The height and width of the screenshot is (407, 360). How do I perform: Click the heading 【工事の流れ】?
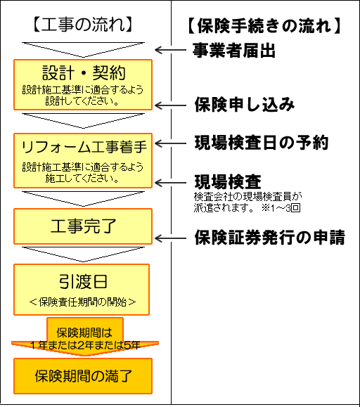pos(83,25)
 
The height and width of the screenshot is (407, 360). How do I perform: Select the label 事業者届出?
pos(233,51)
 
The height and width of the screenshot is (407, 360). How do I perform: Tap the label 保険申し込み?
pos(245,105)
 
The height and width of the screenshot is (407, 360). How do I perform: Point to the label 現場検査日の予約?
pos(262,143)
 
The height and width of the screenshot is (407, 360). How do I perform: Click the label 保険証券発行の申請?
pos(270,238)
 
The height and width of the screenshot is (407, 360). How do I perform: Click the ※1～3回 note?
pos(281,208)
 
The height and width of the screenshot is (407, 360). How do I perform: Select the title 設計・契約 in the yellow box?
pos(84,72)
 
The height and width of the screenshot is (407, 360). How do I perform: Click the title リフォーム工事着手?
pos(84,147)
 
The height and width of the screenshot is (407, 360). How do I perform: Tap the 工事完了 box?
pos(83,226)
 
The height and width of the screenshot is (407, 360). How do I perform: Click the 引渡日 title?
pos(83,282)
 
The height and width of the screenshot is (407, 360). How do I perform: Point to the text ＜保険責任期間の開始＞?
pos(83,302)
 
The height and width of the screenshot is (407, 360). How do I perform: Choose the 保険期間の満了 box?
pos(83,376)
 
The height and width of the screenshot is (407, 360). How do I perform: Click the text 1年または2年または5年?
pos(85,345)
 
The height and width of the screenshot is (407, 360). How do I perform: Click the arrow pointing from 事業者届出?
pos(170,50)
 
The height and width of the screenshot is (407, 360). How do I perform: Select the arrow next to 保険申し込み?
pos(170,105)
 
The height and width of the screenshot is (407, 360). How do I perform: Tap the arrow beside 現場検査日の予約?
pos(170,143)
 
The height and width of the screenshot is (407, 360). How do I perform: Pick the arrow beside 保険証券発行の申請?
pos(170,238)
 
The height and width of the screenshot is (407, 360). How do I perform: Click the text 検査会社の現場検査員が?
pos(247,197)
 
